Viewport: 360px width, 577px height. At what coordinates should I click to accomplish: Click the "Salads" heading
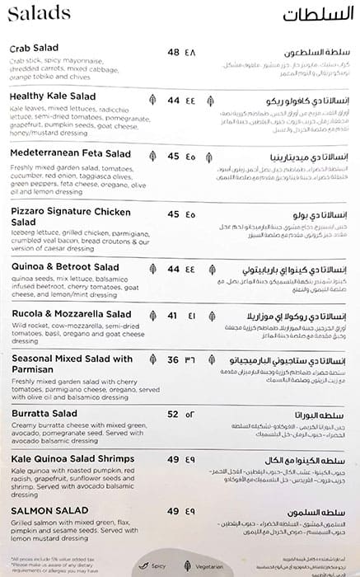point(36,15)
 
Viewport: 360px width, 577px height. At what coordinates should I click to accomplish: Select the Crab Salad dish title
point(34,51)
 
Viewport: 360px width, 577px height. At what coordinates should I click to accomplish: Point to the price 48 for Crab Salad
point(173,52)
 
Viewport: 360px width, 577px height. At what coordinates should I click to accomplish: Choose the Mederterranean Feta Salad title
point(70,154)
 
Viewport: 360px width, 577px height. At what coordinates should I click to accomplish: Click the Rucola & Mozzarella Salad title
point(70,314)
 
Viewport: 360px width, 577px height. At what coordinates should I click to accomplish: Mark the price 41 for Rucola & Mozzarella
point(172,315)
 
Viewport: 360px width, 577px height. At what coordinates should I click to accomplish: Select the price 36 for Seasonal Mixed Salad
point(173,359)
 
